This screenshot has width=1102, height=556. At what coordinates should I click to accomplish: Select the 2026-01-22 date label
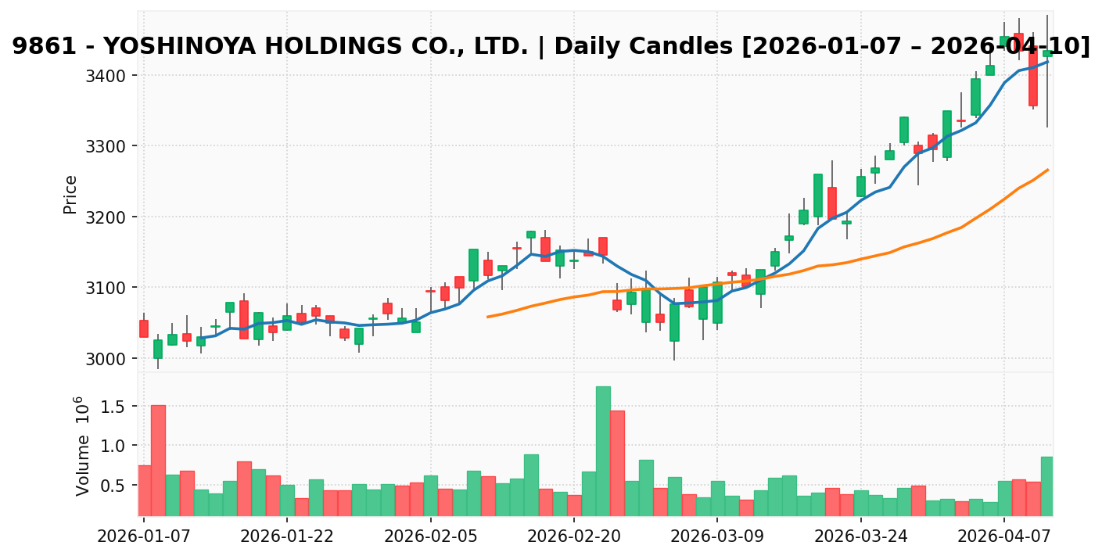[287, 537]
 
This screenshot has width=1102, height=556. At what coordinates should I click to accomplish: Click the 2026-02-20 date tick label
[574, 537]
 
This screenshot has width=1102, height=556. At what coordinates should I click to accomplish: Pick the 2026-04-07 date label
[1004, 537]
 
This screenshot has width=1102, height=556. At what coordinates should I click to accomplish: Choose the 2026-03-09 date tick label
[717, 537]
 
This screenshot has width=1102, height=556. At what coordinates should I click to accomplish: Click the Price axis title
[70, 195]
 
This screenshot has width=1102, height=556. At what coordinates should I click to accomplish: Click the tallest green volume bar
[603, 450]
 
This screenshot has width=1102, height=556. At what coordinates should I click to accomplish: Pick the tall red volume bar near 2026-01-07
[158, 460]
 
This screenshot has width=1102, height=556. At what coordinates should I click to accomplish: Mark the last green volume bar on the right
[1046, 486]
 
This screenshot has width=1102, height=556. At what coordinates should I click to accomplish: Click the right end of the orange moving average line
[1047, 170]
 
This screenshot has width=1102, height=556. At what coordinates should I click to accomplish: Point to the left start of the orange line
[488, 317]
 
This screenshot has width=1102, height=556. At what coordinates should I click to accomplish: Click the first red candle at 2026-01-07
[144, 328]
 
